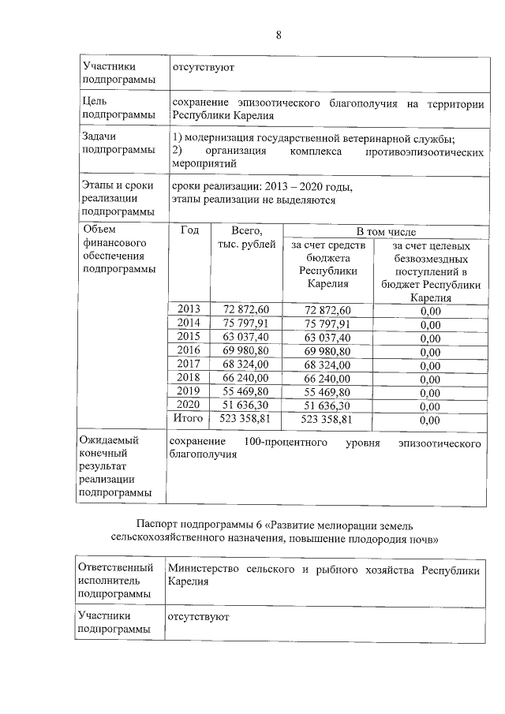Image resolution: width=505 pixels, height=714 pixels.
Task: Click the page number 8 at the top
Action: click(279, 35)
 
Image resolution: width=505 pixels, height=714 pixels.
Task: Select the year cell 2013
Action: click(189, 308)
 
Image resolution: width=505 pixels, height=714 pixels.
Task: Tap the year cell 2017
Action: click(189, 364)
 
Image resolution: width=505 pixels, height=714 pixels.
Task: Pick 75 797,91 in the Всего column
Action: click(247, 323)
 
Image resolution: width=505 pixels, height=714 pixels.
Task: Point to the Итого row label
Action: click(189, 419)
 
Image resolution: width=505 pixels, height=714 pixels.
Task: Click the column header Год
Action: click(189, 231)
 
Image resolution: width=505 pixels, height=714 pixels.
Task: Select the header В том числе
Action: click(384, 231)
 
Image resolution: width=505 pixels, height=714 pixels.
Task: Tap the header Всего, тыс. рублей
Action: click(247, 237)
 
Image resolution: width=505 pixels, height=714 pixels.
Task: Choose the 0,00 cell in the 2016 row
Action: click(430, 350)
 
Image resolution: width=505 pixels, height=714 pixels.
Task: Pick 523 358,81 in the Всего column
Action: click(247, 419)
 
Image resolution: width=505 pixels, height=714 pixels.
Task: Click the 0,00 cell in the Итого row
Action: click(430, 420)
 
